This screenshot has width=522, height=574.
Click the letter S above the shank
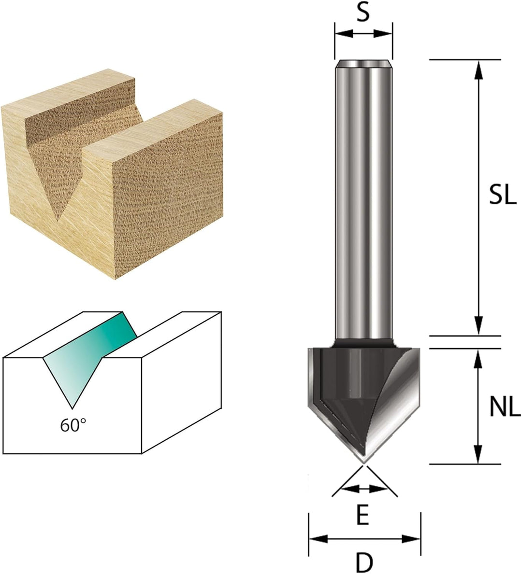coord(363,14)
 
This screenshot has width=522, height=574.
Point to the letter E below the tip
coord(362,516)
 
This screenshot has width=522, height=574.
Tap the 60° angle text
coord(73,425)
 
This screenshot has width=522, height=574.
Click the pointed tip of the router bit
coord(363,462)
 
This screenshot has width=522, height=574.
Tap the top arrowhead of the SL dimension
coord(478,70)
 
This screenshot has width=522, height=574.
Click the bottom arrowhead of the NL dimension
coord(478,455)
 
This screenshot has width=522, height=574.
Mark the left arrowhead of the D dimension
coord(318,539)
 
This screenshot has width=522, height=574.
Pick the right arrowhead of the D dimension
coord(411,539)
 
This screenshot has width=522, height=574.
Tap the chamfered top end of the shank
coord(363,64)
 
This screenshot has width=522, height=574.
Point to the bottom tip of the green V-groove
coord(72,408)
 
